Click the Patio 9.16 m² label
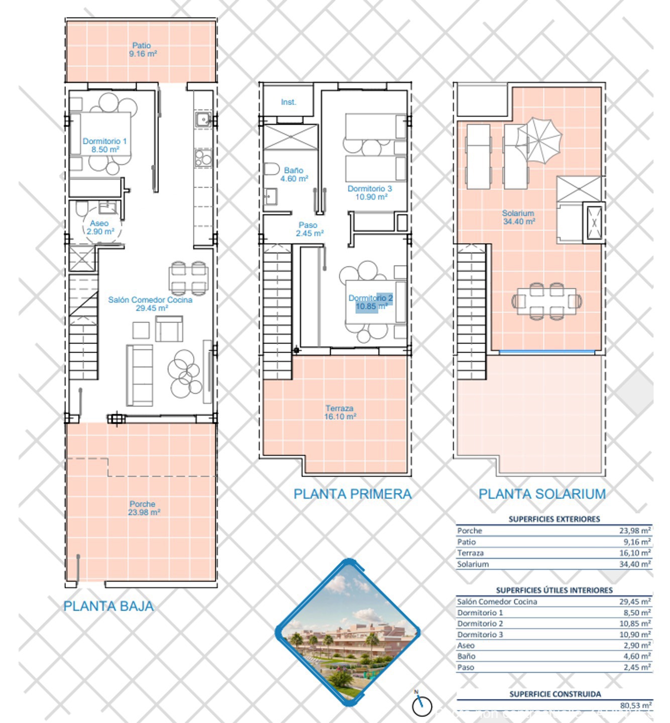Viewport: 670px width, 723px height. point(143,50)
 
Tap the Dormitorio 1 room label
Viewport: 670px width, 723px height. point(104,145)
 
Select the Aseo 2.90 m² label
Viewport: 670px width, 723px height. point(100,227)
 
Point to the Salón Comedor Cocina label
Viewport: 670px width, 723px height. point(150,304)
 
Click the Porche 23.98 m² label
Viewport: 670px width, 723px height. point(144,508)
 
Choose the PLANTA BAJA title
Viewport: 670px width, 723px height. point(108,607)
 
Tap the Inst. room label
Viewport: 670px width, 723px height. point(288,102)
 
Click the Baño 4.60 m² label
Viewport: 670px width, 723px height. point(294,174)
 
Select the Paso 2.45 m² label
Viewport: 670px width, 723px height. point(309,229)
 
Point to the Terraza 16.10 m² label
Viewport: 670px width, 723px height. point(340,412)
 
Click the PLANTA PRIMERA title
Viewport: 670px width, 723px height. point(353,494)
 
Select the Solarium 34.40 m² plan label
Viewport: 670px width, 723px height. point(518,217)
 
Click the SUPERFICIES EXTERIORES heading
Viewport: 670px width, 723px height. point(554,519)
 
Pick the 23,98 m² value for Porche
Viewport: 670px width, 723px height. point(635,531)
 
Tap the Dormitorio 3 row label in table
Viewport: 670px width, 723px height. point(480,635)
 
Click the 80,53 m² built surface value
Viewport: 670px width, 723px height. point(635,705)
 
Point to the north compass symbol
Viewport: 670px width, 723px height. point(421,705)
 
